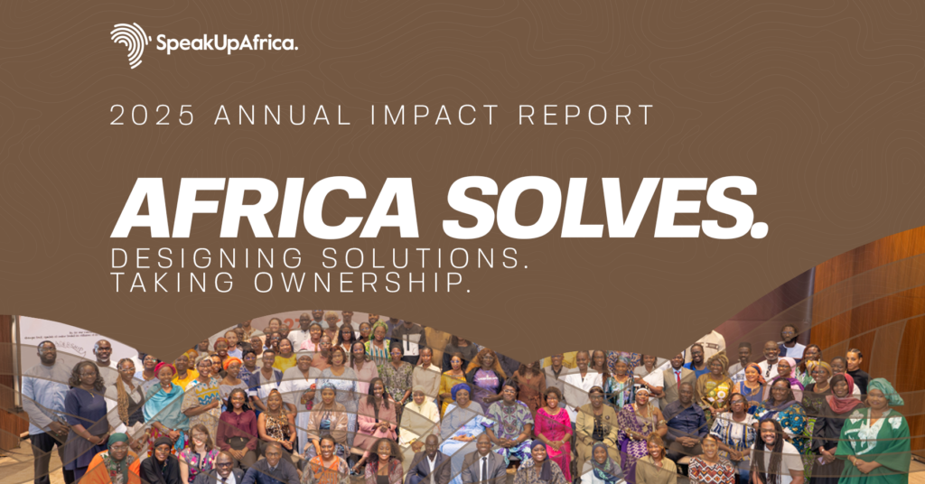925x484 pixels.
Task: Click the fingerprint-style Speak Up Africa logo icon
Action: [x=130, y=44]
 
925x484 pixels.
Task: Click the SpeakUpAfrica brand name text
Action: [x=227, y=43]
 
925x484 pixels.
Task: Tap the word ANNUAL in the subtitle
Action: [x=269, y=116]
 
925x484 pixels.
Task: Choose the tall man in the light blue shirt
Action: [x=45, y=397]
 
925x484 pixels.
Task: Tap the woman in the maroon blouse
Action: [x=238, y=424]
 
